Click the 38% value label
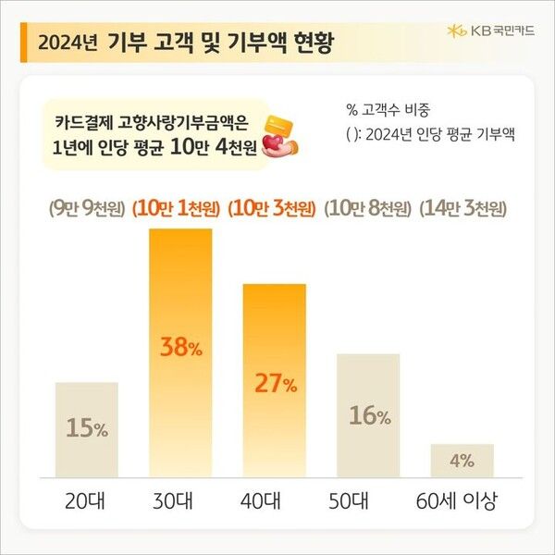pyautogui.click(x=180, y=349)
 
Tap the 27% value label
pyautogui.click(x=275, y=384)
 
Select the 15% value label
pyautogui.click(x=87, y=429)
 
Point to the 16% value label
pyautogui.click(x=369, y=416)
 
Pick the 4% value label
pyautogui.click(x=462, y=460)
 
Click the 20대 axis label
pyautogui.click(x=87, y=503)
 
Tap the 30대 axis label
pyautogui.click(x=180, y=503)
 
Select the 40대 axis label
pyautogui.click(x=275, y=503)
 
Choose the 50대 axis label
pyautogui.click(x=369, y=503)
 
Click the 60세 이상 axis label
pyautogui.click(x=459, y=503)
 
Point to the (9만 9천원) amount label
pyautogui.click(x=87, y=208)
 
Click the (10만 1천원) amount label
pyautogui.click(x=180, y=208)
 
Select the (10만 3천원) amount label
pyautogui.click(x=275, y=208)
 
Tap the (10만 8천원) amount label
pyautogui.click(x=368, y=208)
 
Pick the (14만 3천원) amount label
pyautogui.click(x=462, y=208)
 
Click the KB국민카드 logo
pyautogui.click(x=487, y=31)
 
